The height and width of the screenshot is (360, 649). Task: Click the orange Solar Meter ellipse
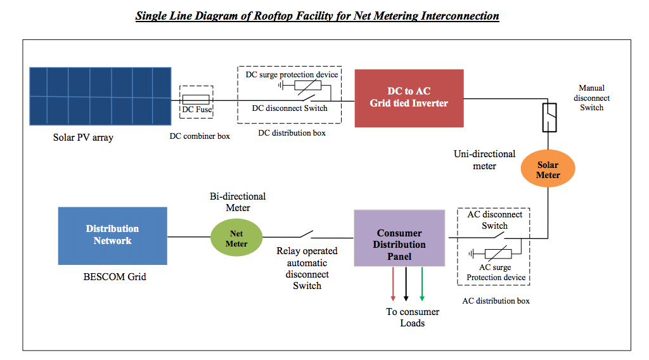[x=548, y=170]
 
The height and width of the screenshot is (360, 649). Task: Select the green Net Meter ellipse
[x=237, y=239]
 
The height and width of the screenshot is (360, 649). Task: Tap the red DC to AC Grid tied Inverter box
[x=409, y=98]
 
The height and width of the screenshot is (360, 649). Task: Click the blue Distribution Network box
[x=112, y=235]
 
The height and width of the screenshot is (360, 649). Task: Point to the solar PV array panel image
[x=100, y=97]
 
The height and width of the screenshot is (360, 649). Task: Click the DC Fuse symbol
[x=196, y=100]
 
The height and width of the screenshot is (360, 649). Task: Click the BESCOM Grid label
[x=110, y=276]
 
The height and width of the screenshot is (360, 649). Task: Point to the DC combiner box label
[x=200, y=136]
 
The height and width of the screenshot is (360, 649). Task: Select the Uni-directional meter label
[x=484, y=160]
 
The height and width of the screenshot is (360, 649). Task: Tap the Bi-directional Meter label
[x=238, y=202]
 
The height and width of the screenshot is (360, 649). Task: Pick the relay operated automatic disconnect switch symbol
[x=305, y=235]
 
